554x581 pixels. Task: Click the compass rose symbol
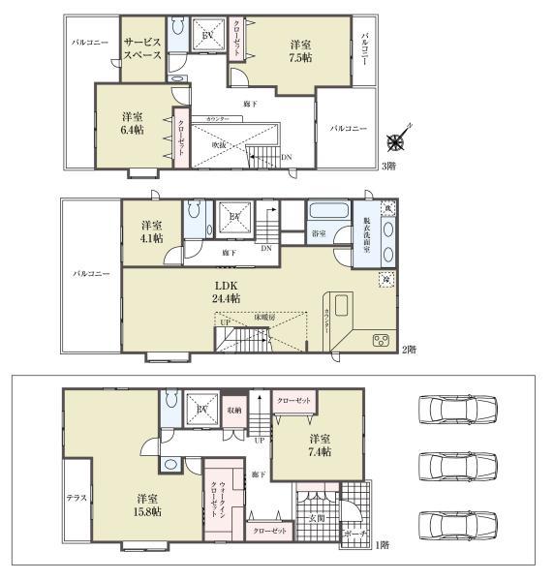[396, 142]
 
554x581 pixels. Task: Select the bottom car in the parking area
[455, 528]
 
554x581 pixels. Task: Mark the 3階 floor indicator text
[387, 166]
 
